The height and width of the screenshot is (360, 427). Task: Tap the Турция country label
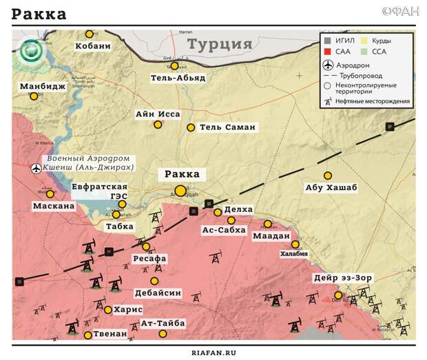click(220, 45)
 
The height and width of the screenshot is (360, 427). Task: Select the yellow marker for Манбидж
click(34, 96)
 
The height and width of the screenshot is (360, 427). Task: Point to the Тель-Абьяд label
click(178, 78)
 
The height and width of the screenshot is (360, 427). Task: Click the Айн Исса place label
click(158, 114)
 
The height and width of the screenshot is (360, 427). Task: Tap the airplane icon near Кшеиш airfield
click(36, 168)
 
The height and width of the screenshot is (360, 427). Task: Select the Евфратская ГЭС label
click(100, 191)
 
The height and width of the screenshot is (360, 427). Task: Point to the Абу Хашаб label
click(331, 189)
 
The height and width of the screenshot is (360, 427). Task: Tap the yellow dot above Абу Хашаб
click(328, 176)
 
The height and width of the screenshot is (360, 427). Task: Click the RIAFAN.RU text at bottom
click(213, 352)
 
